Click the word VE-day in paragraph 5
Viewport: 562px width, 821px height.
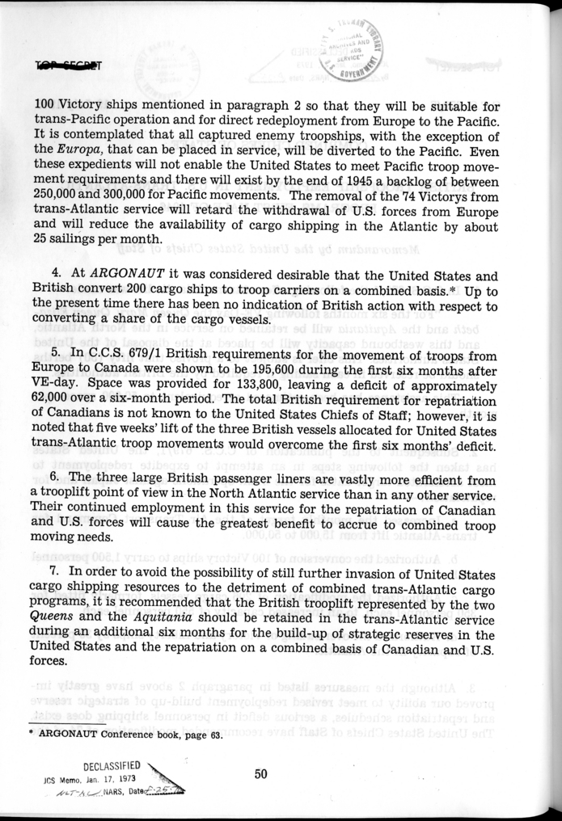57,396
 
